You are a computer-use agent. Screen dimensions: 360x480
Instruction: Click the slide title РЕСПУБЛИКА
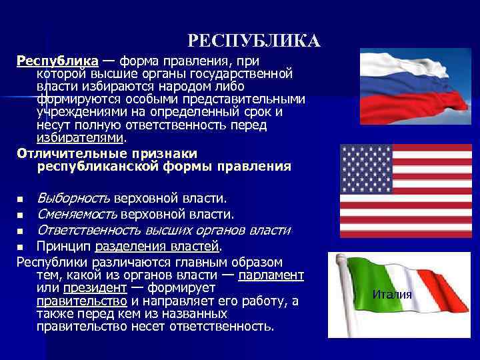pos(254,41)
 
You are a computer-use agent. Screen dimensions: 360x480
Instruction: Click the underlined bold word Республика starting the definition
pos(58,61)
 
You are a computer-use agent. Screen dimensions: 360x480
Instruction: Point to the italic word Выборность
pos(74,199)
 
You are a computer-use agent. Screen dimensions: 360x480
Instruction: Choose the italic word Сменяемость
pos(77,214)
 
